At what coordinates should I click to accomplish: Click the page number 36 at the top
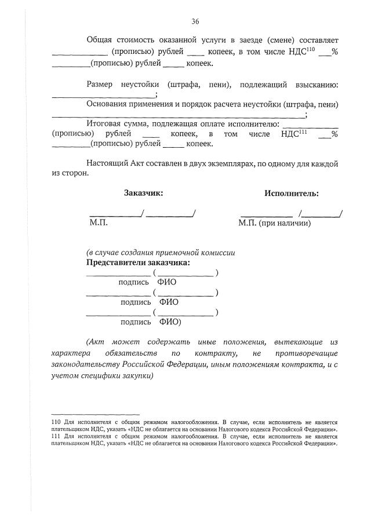click(195, 21)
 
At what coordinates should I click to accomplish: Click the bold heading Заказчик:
click(143, 193)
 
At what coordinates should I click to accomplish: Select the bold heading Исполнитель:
click(292, 193)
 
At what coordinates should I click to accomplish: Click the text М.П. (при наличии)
click(274, 222)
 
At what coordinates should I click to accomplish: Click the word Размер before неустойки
click(101, 85)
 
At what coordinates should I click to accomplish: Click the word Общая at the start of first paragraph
click(99, 41)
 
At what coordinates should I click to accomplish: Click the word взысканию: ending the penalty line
click(317, 85)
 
